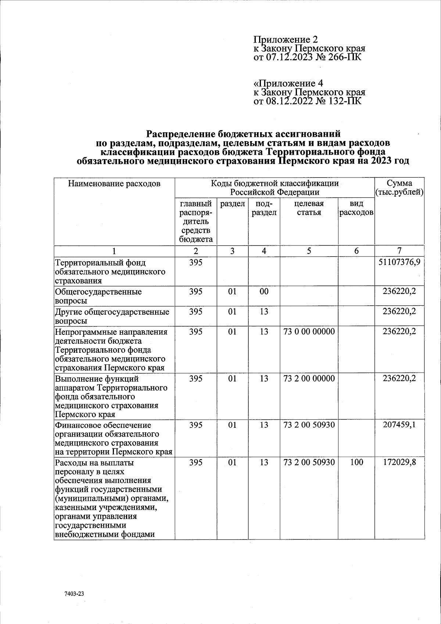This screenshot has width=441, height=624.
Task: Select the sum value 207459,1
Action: tap(399, 425)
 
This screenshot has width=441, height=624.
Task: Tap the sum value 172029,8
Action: tap(399, 462)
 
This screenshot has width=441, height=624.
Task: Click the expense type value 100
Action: tap(356, 462)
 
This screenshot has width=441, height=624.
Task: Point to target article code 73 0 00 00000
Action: tap(309, 331)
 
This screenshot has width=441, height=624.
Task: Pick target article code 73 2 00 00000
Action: tap(309, 378)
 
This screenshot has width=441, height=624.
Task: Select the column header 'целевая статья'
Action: tap(309, 208)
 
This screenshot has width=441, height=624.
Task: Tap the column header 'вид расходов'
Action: tap(356, 208)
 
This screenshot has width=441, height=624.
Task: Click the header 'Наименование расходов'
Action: tap(114, 183)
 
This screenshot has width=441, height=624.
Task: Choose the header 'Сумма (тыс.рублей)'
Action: tap(399, 187)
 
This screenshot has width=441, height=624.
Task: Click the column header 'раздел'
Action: tap(232, 204)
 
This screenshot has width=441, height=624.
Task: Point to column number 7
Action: tap(399, 251)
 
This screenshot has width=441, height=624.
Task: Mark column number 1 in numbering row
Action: tap(114, 251)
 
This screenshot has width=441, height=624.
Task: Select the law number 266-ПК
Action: tap(344, 57)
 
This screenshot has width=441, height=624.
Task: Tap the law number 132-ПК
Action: tap(344, 101)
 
